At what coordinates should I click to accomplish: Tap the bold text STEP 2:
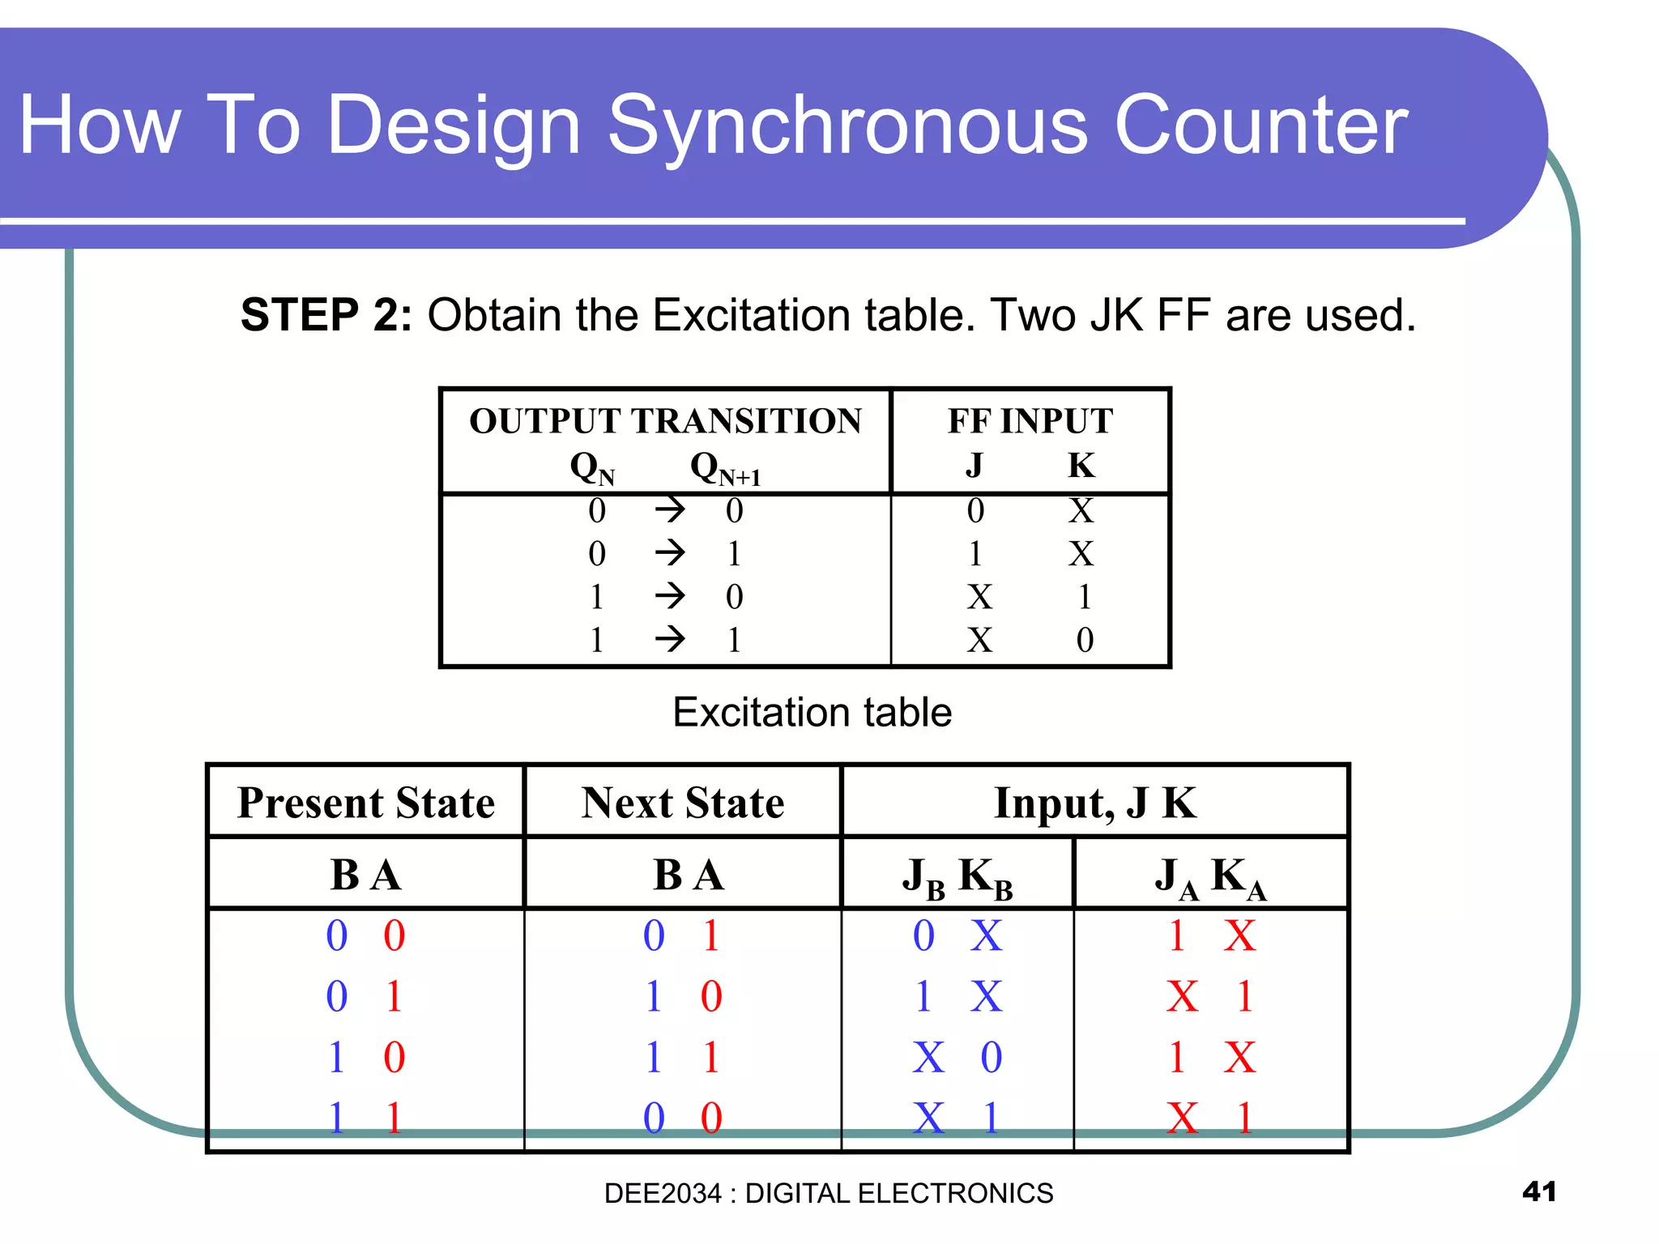(326, 315)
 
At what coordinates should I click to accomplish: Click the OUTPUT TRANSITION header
(665, 421)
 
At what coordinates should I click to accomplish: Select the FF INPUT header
(1030, 421)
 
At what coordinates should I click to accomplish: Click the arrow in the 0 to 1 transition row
(670, 554)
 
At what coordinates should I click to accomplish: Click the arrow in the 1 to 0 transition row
(670, 597)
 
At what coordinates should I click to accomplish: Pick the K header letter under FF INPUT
(1081, 466)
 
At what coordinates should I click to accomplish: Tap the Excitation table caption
(812, 713)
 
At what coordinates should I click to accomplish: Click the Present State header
(365, 803)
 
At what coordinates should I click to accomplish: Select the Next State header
(682, 803)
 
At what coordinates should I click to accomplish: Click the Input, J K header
(1094, 803)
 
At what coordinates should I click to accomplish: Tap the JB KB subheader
(957, 877)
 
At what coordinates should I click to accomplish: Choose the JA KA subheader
(1209, 877)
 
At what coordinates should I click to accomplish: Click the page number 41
(1539, 1191)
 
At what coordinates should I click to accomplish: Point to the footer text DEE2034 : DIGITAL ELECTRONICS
(828, 1194)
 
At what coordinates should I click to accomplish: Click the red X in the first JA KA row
(1239, 935)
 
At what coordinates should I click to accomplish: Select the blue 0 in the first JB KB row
(923, 935)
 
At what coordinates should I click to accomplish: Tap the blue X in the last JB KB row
(928, 1118)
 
